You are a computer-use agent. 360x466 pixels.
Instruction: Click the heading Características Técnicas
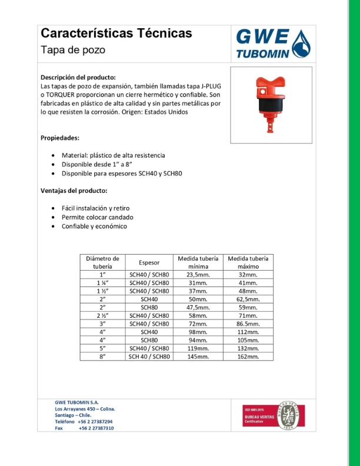coord(116,34)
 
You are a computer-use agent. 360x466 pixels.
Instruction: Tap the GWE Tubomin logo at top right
coord(271,44)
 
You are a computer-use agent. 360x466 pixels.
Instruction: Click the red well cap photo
coord(271,105)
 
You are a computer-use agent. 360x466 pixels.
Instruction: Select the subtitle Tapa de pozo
coord(73,50)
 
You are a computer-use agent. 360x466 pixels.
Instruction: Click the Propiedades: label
coord(59,138)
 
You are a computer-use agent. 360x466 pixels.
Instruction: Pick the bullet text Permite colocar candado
coord(96,217)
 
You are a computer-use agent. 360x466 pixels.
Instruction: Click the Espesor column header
coord(149,262)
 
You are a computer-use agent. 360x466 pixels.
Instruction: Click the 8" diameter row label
coord(102,357)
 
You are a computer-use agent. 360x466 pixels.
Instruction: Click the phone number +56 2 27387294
coord(95,422)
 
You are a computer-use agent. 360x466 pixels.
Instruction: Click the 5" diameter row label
coord(102,348)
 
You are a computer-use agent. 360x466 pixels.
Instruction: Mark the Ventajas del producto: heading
coord(74,191)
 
